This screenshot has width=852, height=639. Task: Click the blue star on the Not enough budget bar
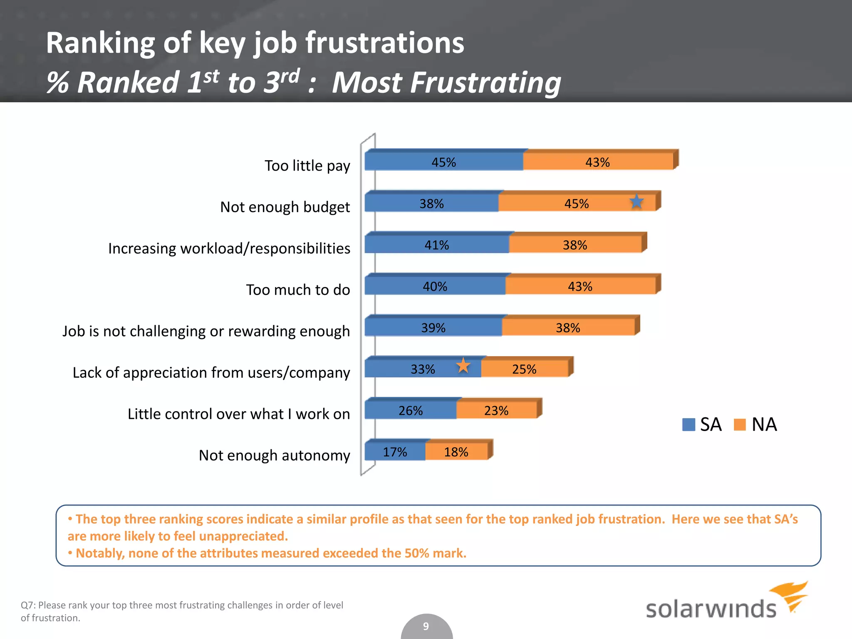[636, 202]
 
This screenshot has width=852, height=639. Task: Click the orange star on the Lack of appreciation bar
[463, 366]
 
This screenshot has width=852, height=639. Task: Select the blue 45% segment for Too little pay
[443, 162]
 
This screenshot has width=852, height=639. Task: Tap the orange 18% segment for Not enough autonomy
[456, 452]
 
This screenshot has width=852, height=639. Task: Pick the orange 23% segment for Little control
[496, 411]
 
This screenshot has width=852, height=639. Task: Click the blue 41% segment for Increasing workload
[436, 245]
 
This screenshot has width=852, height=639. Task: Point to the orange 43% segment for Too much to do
[580, 286]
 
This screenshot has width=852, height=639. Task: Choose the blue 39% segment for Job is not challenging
[433, 328]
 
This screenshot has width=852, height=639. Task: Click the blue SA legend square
[689, 425]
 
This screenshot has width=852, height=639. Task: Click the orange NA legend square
[740, 425]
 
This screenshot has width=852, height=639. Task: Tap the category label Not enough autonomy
[274, 455]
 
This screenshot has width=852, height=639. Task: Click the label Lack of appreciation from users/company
[211, 372]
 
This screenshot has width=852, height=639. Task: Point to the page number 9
[426, 626]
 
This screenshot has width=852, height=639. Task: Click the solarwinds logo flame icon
[790, 595]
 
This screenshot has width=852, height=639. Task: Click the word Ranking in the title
[100, 43]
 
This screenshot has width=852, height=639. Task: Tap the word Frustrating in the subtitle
[446, 82]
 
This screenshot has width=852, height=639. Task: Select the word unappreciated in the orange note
[243, 536]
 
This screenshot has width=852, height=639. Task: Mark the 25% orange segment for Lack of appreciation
[524, 369]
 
